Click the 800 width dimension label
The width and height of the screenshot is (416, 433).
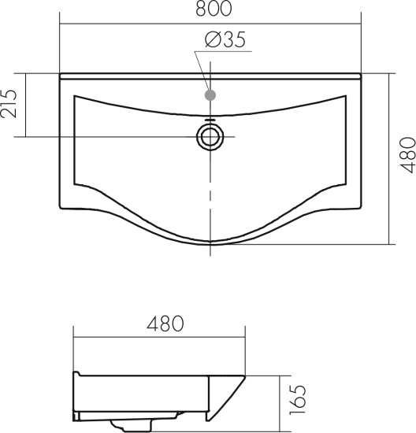pos(214,9)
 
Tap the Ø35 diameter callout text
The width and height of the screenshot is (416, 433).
pos(225,40)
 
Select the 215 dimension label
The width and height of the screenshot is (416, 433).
pos(9,104)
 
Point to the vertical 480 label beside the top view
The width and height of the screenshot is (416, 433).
pos(407,155)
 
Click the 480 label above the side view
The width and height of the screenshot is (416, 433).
pos(165,324)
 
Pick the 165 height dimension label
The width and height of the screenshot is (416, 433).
pos(298,400)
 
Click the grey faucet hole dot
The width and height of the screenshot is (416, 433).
pos(210,95)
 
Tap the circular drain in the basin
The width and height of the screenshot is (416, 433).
pos(210,137)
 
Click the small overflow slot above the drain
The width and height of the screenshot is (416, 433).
pos(210,120)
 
